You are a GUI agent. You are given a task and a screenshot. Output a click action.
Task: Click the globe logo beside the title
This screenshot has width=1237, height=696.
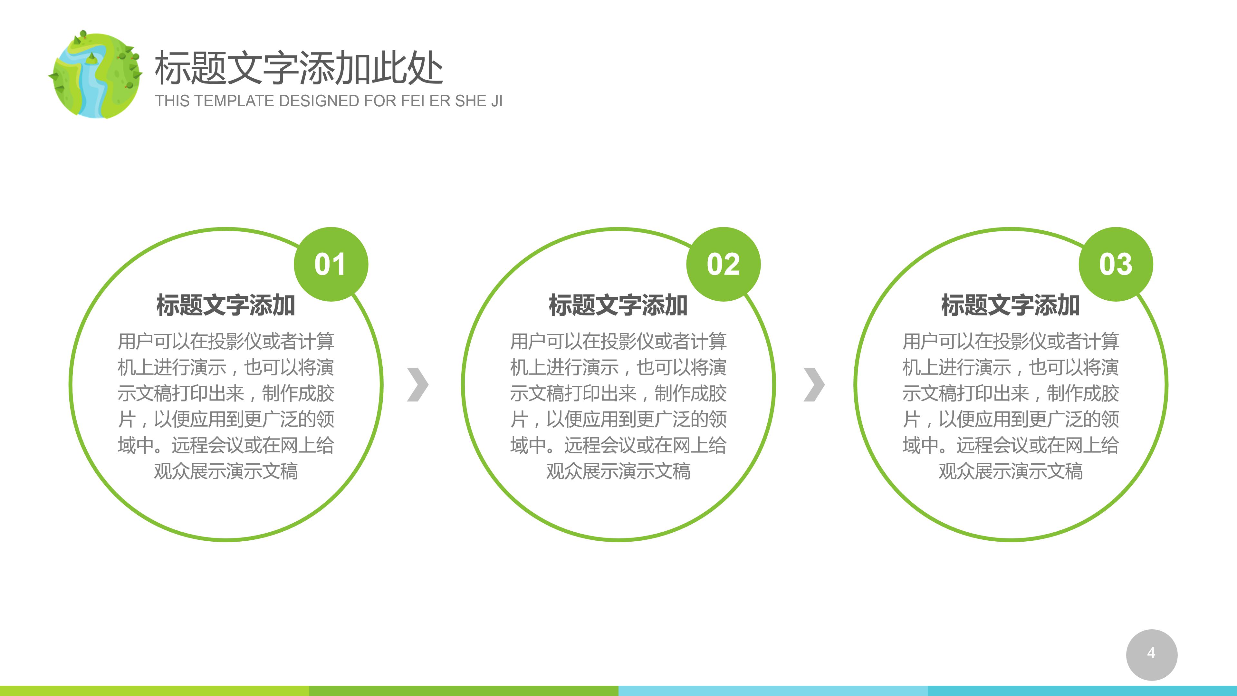pos(96,75)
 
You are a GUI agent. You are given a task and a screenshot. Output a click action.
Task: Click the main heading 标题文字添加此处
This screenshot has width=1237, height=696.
pos(298,68)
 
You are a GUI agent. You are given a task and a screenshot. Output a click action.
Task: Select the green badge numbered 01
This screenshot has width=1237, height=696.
pos(331,264)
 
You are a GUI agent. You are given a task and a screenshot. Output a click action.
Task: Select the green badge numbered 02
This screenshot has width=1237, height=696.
pos(723,264)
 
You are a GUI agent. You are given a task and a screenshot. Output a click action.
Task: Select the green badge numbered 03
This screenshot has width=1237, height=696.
pos(1116,264)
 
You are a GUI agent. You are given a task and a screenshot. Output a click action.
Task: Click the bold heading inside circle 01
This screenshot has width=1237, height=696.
pos(226,305)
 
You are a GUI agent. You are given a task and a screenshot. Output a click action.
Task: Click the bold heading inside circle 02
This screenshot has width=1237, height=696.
pos(618,305)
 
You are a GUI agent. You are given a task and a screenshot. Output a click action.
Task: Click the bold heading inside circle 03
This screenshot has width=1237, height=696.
pos(1010,305)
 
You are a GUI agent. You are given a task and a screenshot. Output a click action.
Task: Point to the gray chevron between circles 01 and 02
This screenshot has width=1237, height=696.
pos(417,384)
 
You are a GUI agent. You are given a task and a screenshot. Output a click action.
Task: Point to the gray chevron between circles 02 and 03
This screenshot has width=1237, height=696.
pos(814,384)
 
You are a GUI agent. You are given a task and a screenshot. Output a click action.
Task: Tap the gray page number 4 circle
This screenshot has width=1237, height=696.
pos(1151,654)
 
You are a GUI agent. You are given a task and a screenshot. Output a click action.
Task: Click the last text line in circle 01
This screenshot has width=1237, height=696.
pos(226,471)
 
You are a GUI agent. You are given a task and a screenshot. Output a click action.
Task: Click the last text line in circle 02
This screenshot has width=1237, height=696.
pos(618,471)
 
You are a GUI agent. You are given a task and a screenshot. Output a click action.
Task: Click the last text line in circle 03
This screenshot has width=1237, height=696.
pos(1010,471)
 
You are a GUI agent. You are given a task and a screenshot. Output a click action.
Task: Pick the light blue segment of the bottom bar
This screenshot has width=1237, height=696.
pos(773,691)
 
